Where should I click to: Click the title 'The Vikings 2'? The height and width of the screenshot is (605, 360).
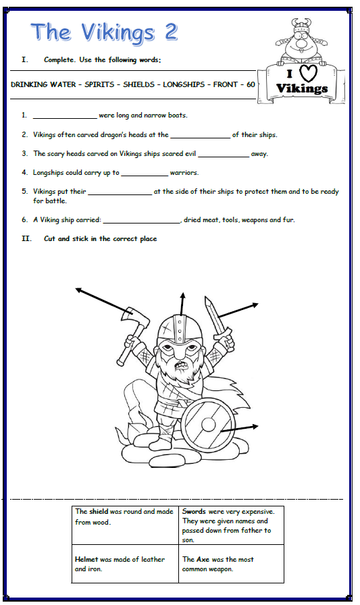[103, 31]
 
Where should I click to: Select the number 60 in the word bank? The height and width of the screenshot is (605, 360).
[251, 84]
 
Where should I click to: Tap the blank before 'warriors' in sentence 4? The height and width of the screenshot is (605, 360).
[144, 174]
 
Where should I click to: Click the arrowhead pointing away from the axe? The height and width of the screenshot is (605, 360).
[78, 290]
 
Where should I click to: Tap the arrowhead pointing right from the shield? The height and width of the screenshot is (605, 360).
[255, 425]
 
